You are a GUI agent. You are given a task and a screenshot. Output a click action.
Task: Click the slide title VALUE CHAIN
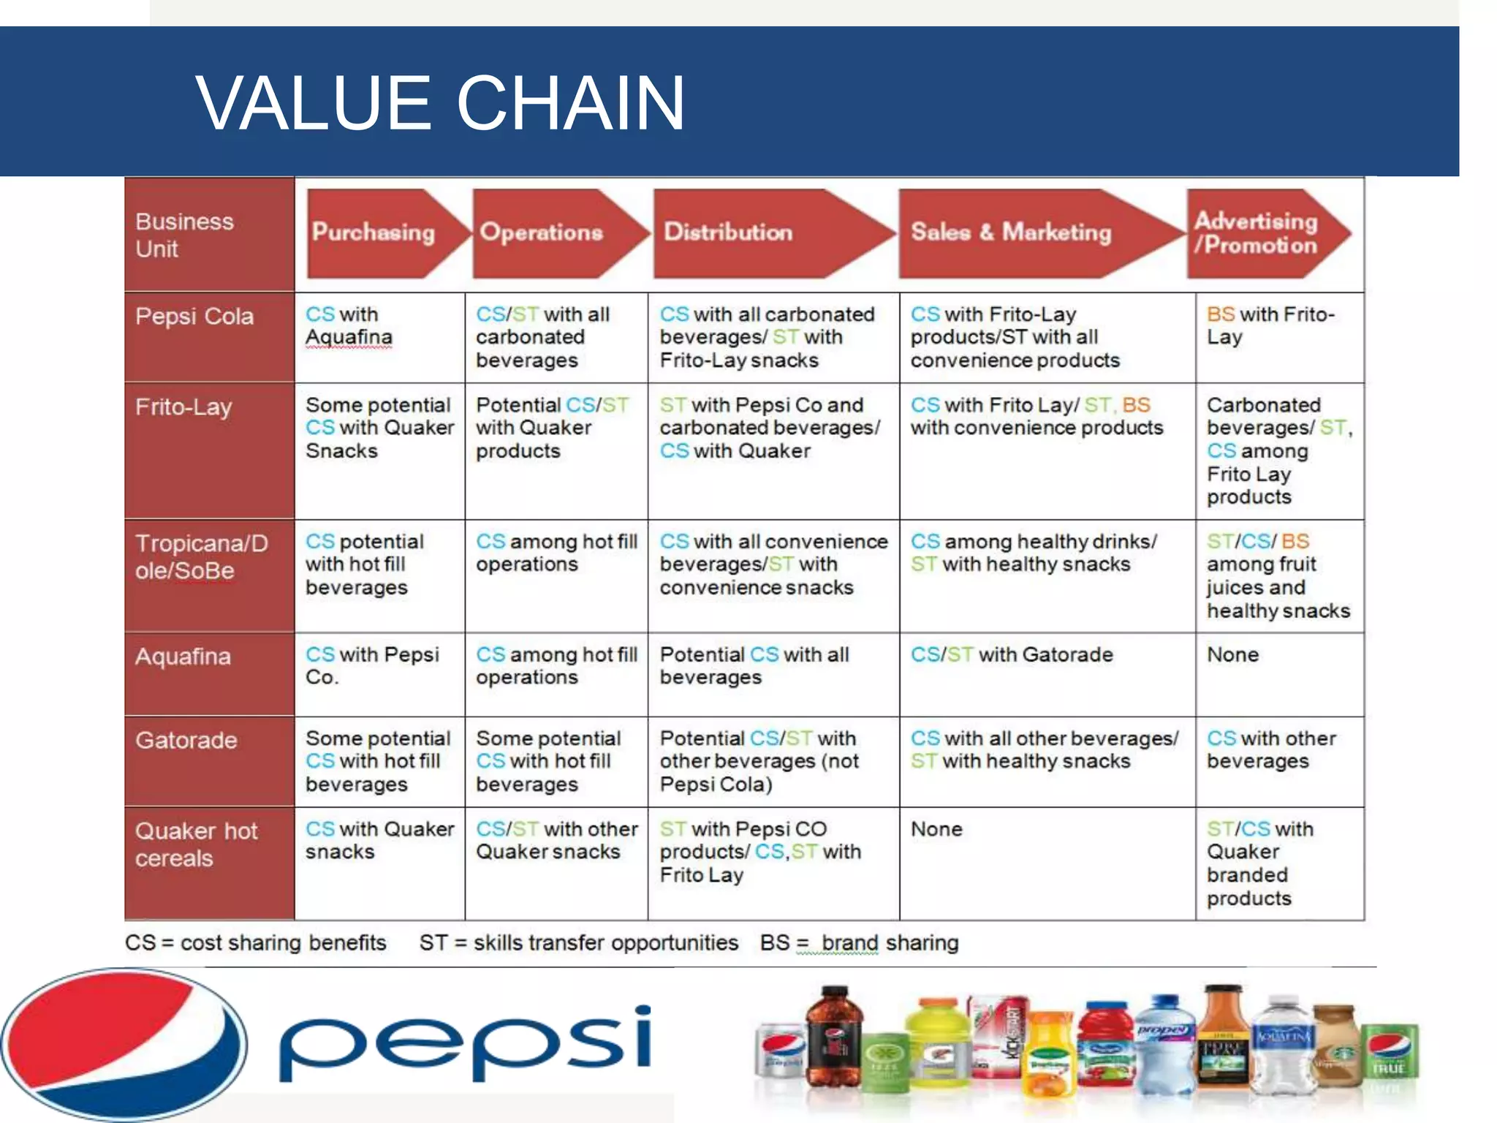tap(440, 103)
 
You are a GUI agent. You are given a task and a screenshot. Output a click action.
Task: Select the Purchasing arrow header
tap(374, 232)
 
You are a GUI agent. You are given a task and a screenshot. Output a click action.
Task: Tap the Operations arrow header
tap(542, 232)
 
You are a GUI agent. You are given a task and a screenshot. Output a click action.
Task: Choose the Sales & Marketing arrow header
tap(1012, 232)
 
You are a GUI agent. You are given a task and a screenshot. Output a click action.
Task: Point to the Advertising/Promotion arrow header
tap(1257, 232)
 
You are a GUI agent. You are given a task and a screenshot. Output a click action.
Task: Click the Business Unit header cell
tap(185, 235)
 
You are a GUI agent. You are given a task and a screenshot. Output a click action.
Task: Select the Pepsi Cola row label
tap(194, 317)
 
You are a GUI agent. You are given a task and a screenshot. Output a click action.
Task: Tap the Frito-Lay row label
tap(183, 407)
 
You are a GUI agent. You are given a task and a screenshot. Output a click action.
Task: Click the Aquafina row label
tap(183, 657)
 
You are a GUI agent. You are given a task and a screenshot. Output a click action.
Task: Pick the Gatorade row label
tap(186, 740)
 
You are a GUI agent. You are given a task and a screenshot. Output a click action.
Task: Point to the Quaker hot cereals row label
tap(196, 844)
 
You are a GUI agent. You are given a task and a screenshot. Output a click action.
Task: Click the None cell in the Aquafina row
tap(1233, 654)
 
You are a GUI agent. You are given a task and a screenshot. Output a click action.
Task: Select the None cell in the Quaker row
tap(936, 829)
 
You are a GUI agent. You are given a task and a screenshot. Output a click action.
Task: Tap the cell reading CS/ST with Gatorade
tap(1012, 654)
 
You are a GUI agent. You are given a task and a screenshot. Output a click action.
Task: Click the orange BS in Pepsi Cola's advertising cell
tap(1221, 314)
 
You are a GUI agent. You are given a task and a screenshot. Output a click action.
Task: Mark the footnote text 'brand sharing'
tap(890, 943)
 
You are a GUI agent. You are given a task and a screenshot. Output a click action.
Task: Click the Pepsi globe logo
tap(123, 1044)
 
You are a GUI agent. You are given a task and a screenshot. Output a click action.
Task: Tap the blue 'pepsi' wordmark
tap(466, 1044)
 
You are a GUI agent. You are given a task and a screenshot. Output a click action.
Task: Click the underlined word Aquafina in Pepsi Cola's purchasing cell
tap(349, 337)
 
